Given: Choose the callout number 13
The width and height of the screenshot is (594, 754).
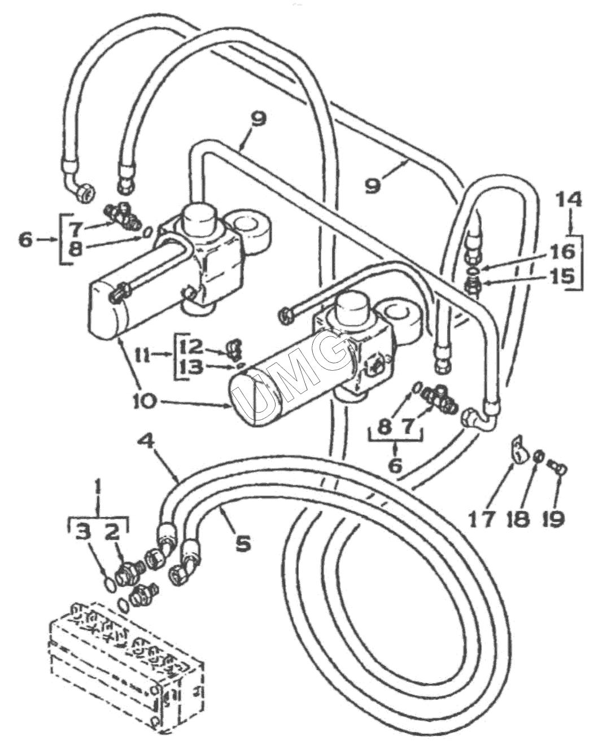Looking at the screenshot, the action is pyautogui.click(x=191, y=367).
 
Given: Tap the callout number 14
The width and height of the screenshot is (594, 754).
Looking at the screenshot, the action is pyautogui.click(x=567, y=200).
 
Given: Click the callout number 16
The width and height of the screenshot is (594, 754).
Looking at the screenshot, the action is pyautogui.click(x=562, y=251).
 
